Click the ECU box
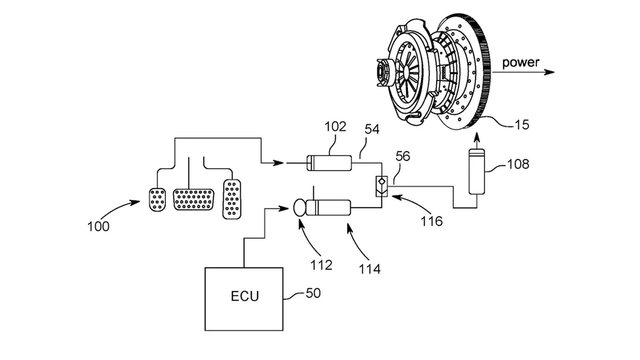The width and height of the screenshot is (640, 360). [244, 299]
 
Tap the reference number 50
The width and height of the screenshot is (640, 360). [313, 293]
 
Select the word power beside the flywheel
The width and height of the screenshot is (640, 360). [520, 62]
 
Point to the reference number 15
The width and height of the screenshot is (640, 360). [522, 125]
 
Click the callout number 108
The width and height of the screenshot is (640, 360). [518, 164]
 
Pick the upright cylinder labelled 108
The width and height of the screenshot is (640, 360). [476, 172]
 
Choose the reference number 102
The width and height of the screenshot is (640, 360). [335, 126]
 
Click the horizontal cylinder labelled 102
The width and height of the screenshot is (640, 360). [329, 163]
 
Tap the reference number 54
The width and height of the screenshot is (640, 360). [372, 129]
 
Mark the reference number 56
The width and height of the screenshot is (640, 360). [403, 156]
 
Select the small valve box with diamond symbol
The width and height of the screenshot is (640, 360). [382, 186]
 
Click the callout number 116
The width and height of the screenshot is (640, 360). [431, 221]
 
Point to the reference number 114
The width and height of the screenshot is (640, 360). [369, 269]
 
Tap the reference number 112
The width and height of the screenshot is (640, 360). [321, 265]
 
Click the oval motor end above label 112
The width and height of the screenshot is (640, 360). [299, 208]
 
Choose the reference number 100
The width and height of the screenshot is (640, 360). [98, 226]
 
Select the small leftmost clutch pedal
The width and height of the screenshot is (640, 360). [157, 199]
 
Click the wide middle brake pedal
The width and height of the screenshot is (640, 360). [193, 199]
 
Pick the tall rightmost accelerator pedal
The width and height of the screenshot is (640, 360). [232, 199]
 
